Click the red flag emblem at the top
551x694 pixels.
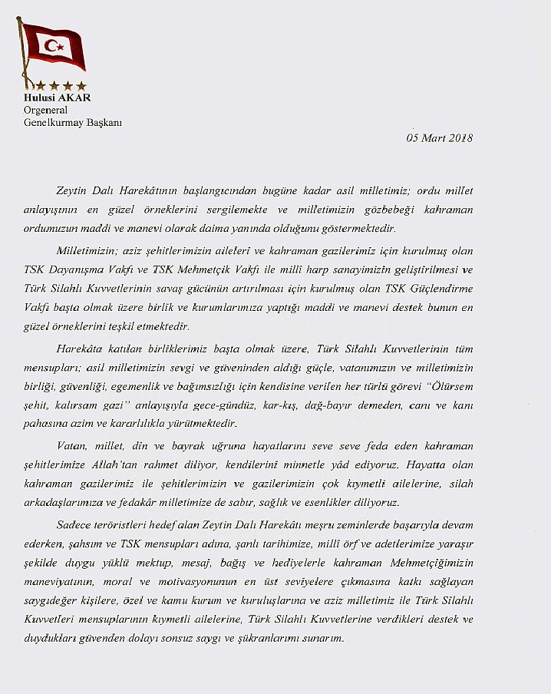click(52, 48)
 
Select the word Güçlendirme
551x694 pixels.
click(440, 289)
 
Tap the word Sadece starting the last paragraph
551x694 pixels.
click(74, 525)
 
